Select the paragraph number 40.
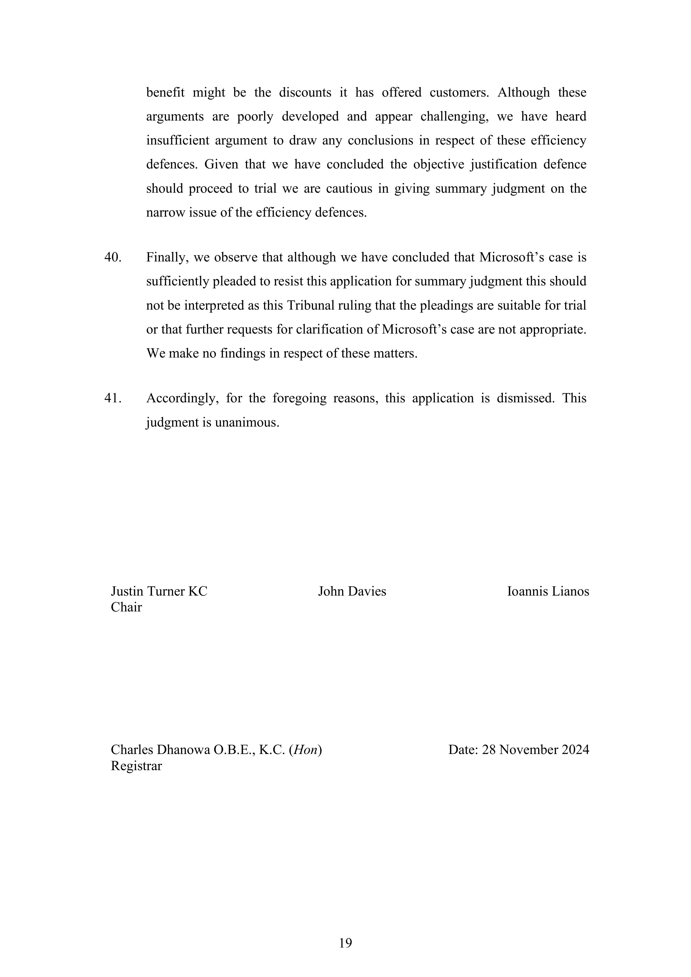click(x=113, y=258)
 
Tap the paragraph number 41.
click(x=113, y=398)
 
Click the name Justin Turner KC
click(x=159, y=591)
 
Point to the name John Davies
click(x=352, y=591)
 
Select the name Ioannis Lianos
click(x=548, y=591)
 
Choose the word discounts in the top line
click(x=305, y=92)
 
